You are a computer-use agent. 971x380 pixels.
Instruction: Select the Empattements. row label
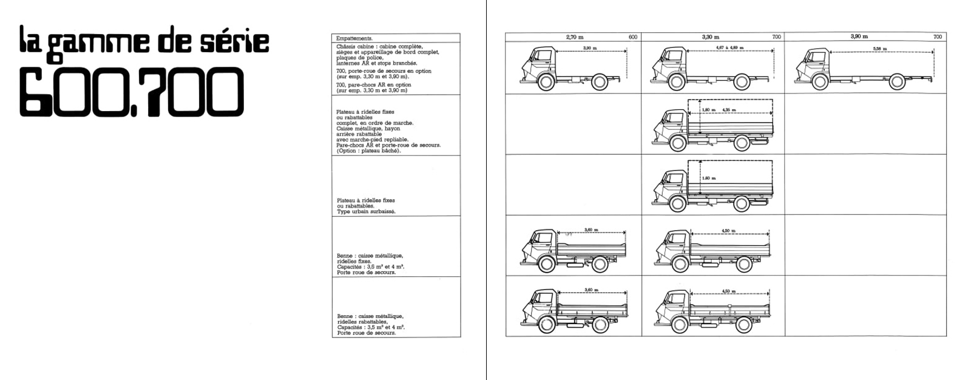click(354, 38)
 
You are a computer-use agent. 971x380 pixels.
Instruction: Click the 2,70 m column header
click(574, 37)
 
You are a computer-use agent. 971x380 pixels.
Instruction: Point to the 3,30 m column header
click(711, 37)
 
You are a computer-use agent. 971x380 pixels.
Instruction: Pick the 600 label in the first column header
click(633, 37)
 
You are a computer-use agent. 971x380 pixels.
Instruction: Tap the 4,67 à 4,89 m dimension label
click(734, 47)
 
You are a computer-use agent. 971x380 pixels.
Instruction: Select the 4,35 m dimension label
click(729, 110)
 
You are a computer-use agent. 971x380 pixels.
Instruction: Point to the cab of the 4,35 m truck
click(672, 125)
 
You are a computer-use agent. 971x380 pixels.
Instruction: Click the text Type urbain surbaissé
click(366, 211)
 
